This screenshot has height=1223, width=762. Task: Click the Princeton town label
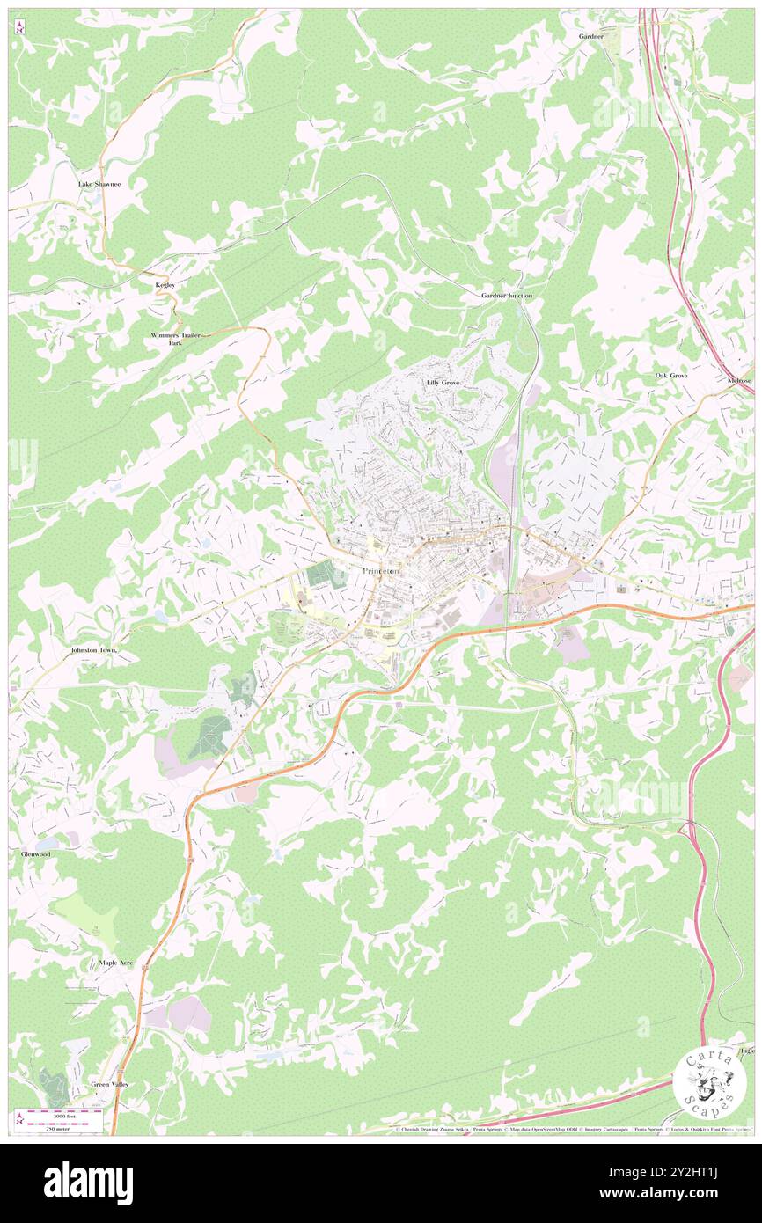[381, 571]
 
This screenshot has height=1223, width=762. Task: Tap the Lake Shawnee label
[99, 184]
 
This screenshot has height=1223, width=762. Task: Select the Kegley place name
[165, 285]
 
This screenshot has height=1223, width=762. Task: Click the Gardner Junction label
[507, 296]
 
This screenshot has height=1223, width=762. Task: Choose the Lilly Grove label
[443, 383]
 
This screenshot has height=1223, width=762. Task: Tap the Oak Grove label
[671, 376]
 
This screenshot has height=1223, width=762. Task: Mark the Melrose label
[739, 380]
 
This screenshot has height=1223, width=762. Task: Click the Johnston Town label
[93, 650]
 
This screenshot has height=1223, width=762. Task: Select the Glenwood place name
[36, 854]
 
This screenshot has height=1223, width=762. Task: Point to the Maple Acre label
[116, 963]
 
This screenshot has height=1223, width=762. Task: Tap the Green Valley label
[110, 1084]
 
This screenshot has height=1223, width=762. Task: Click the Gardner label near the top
[590, 37]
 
